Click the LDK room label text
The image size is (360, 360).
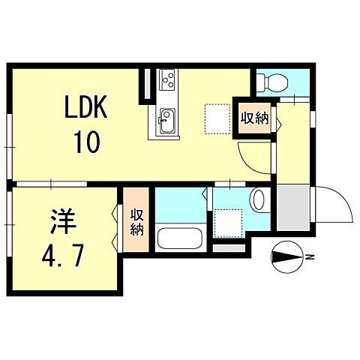click(85, 109)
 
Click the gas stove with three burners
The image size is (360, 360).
click(166, 79)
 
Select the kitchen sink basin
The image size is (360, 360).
click(167, 121)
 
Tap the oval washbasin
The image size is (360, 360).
click(259, 200)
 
